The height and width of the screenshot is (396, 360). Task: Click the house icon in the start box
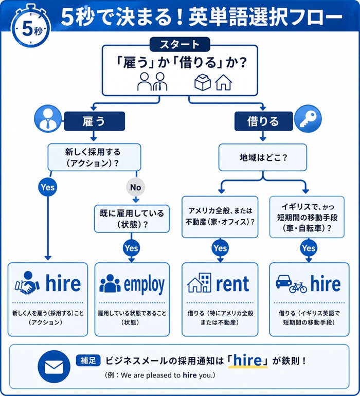223,82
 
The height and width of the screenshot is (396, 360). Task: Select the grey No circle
135,187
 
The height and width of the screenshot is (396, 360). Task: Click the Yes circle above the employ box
131,248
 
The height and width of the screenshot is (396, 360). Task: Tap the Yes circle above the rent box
220,248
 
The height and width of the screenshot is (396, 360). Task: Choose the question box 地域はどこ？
263,156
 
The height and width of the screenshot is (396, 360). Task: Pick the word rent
232,284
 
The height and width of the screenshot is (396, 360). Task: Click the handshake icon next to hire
28,283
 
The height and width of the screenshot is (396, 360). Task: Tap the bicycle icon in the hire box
298,287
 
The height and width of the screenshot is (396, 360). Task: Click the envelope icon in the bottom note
54,366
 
